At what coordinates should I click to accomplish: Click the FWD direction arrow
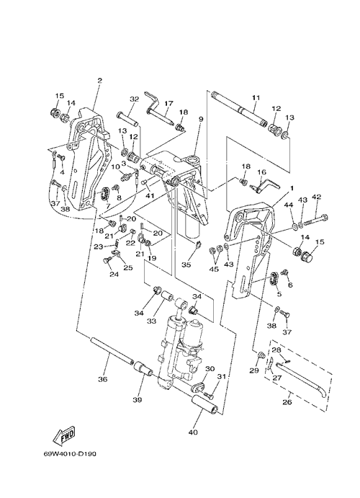[64, 435]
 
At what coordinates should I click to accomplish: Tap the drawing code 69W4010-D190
[70, 454]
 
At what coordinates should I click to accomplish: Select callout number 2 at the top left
[100, 81]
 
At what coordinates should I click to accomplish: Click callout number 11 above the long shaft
[256, 98]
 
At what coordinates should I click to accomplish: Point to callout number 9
[200, 119]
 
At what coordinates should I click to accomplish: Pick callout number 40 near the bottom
[193, 432]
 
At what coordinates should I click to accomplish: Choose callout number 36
[104, 379]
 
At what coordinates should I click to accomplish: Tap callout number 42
[317, 197]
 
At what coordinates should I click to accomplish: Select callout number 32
[135, 99]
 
